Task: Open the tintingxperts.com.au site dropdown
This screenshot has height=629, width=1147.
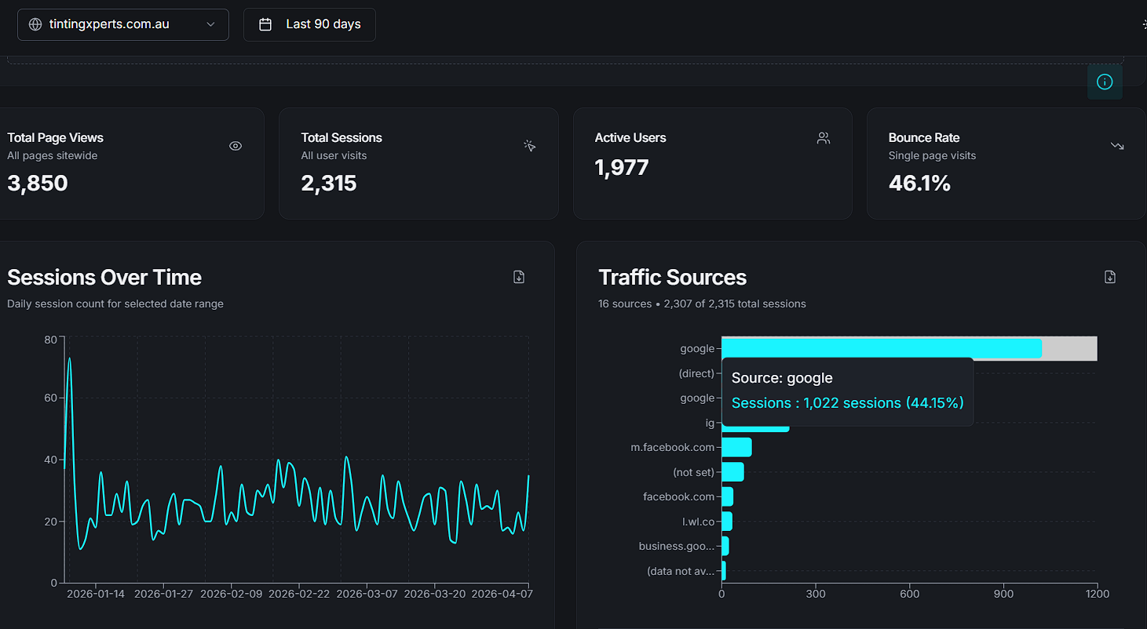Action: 122,24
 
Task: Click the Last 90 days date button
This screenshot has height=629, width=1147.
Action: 309,24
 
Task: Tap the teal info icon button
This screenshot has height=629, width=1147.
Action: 1104,82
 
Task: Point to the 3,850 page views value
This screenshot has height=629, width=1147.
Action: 38,184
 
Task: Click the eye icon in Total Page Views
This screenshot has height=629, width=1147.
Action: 236,146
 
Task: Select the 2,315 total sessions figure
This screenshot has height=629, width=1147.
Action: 329,184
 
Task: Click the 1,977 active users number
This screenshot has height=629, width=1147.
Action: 622,167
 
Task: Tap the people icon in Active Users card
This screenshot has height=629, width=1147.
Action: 823,139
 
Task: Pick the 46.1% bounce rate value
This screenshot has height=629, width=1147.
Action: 919,184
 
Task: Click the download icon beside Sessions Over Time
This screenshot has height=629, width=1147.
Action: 519,277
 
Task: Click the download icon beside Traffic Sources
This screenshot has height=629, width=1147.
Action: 1109,277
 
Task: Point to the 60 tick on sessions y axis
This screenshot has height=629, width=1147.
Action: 50,398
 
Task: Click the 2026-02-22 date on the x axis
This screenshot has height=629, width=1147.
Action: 299,594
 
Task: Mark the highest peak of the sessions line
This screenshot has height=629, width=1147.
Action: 70,358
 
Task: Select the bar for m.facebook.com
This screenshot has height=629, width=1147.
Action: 736,447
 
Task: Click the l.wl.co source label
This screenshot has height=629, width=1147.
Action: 698,522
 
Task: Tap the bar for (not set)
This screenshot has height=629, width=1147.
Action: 732,472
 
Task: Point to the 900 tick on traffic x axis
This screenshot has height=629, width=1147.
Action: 1003,594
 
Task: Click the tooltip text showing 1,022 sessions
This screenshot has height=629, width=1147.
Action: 847,403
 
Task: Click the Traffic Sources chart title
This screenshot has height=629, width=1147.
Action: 672,278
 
